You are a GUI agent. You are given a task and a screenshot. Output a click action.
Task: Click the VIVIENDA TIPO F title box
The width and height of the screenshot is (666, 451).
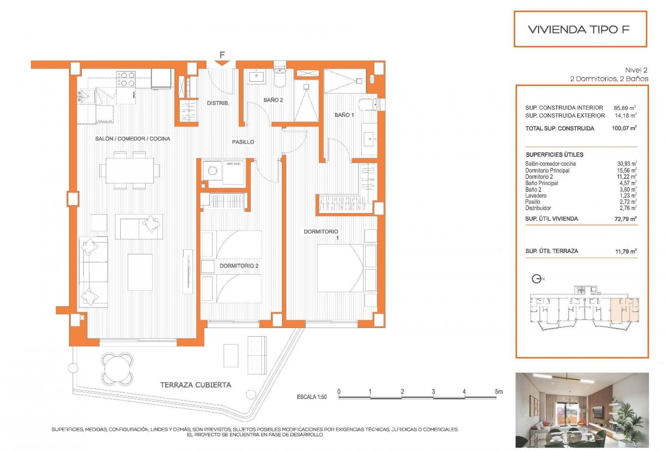[579, 29]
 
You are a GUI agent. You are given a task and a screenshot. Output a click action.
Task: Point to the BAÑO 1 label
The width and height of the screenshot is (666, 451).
[344, 115]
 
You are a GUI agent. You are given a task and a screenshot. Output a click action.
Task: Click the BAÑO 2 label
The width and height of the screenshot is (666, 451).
[273, 100]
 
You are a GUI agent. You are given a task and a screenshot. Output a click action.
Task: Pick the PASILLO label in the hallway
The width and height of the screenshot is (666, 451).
[243, 142]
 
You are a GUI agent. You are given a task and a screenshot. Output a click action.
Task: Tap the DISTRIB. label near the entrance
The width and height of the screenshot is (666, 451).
[218, 104]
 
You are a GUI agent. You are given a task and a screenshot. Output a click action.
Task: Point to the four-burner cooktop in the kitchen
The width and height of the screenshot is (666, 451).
[126, 79]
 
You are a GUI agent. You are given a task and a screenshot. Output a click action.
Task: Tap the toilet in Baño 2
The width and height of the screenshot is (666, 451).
[280, 78]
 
